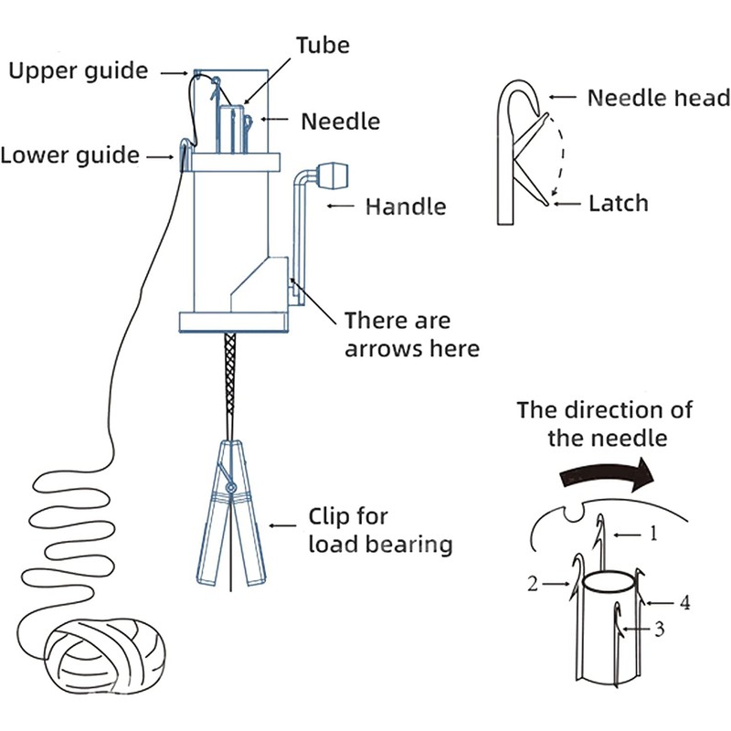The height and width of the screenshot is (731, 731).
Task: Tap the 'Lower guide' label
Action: (x=70, y=154)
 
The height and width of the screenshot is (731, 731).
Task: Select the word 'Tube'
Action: (x=322, y=45)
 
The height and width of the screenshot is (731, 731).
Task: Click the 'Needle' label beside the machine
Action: (x=341, y=121)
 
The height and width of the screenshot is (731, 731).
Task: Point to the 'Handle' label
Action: (x=406, y=207)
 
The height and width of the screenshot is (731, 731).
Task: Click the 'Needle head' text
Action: (x=658, y=98)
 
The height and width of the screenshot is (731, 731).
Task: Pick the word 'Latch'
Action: (x=620, y=203)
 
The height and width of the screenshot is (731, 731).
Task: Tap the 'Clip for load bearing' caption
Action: (x=380, y=530)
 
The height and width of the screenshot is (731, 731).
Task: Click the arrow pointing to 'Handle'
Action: (x=340, y=207)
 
